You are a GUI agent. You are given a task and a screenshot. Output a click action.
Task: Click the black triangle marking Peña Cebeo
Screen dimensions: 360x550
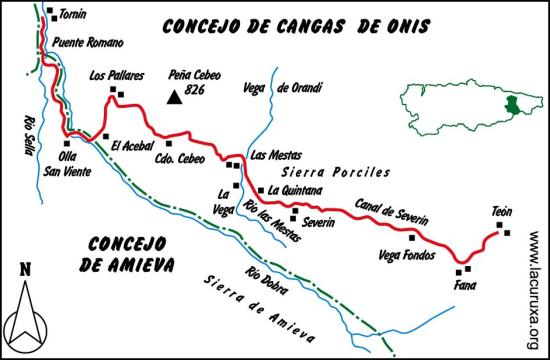pyautogui.click(x=175, y=98)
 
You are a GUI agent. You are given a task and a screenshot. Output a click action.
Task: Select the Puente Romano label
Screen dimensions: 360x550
pyautogui.click(x=91, y=44)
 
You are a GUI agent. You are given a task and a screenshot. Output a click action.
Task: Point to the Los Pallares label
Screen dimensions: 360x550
pyautogui.click(x=117, y=75)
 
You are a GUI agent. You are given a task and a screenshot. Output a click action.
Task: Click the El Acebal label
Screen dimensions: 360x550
pyautogui.click(x=131, y=142)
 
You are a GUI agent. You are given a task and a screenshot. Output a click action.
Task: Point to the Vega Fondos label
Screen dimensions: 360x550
pyautogui.click(x=407, y=254)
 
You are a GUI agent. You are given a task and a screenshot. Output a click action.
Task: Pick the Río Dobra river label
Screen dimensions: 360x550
pyautogui.click(x=263, y=278)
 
